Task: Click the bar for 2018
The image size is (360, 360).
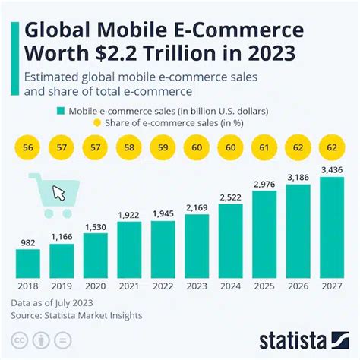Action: [28, 262]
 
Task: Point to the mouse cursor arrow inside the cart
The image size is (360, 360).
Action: [58, 193]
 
